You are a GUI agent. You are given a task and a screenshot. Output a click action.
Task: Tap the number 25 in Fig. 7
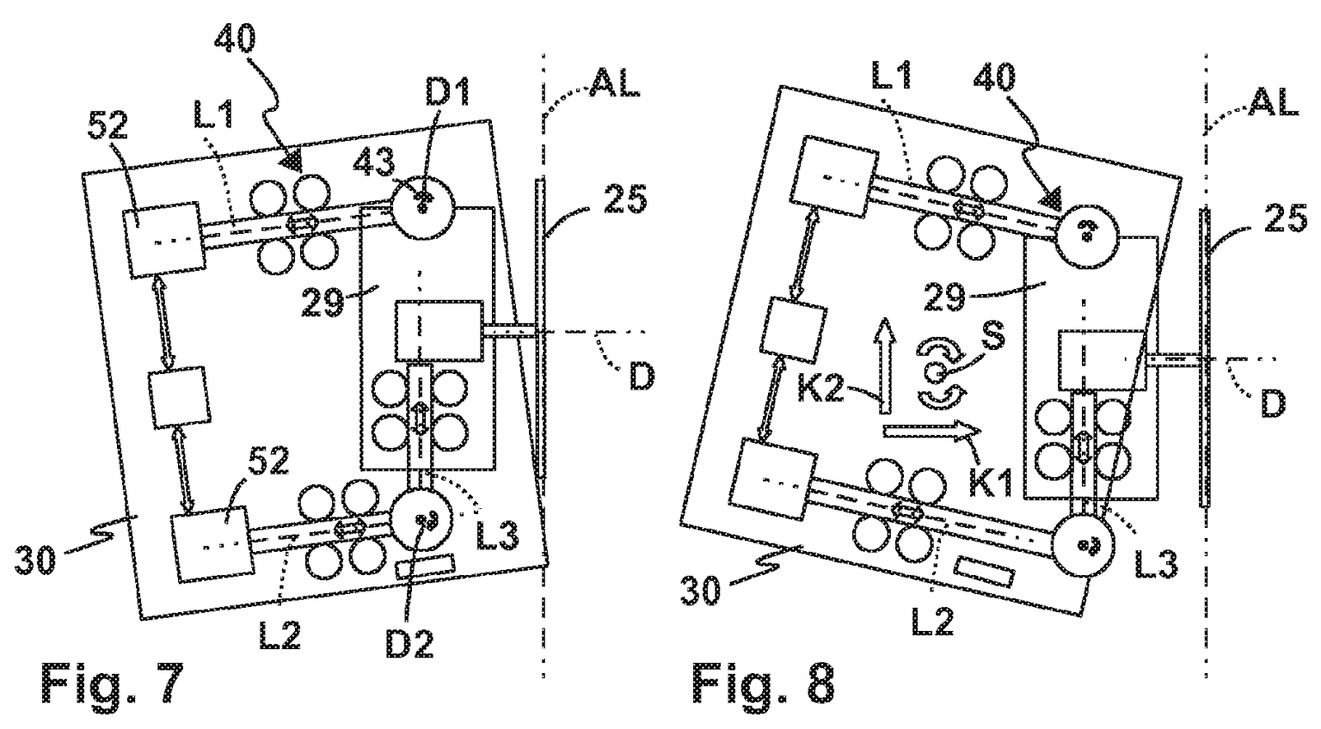click(x=618, y=200)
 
